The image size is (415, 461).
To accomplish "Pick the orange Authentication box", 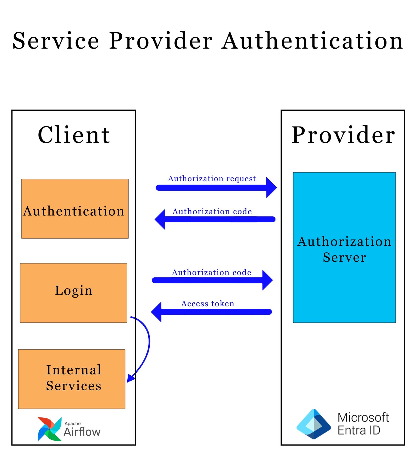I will point(75,209).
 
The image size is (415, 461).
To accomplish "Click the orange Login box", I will point(74,293).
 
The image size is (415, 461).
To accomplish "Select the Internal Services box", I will point(72,379).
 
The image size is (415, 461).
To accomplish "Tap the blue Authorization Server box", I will point(344,287).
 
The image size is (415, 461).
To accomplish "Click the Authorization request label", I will point(212,179).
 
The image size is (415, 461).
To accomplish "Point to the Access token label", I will point(207,304).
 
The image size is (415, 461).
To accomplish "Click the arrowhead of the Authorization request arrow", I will point(271,188).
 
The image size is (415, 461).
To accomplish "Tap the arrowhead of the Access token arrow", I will point(157,312).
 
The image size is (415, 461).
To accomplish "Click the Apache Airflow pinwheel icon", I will point(49,429).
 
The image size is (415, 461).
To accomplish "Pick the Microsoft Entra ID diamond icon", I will point(313,424).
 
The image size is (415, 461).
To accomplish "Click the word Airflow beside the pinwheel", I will point(82,432).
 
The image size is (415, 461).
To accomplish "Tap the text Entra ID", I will point(359,430).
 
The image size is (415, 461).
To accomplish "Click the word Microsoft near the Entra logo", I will point(363,417).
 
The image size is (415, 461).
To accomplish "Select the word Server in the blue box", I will point(344,257).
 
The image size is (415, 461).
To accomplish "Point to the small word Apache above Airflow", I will point(72,423).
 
